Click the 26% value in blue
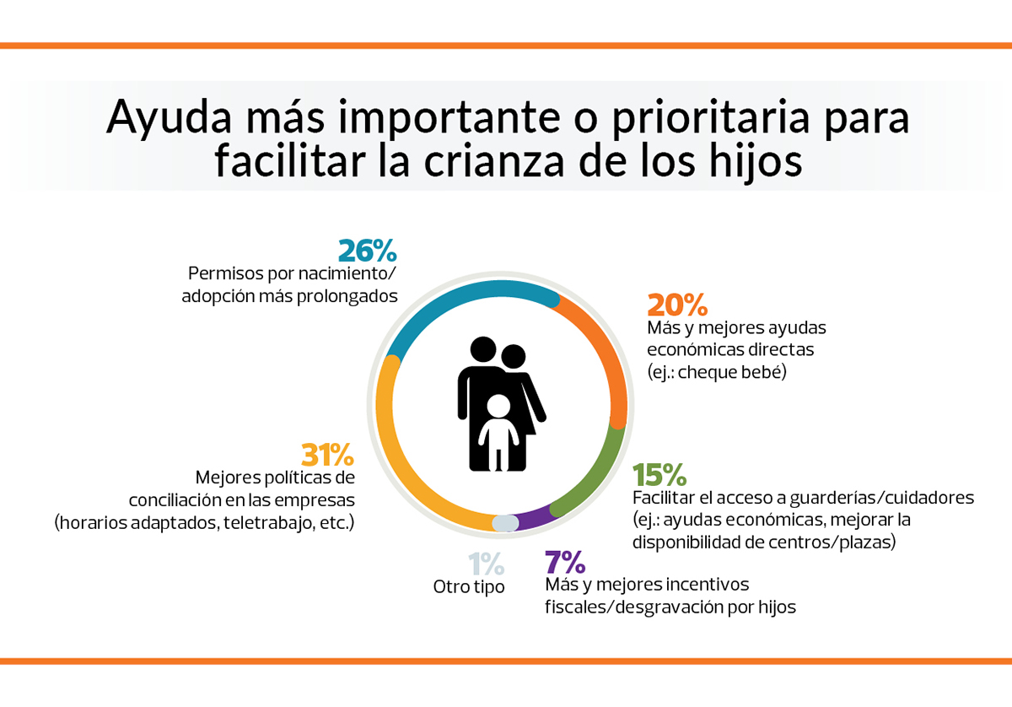point(367,251)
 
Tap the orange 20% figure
point(676,305)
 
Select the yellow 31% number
point(327,456)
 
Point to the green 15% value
point(661,476)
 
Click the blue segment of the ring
point(472,294)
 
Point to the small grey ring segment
point(504,523)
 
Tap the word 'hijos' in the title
point(754,160)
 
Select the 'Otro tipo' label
point(469,586)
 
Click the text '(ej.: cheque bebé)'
point(716,371)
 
